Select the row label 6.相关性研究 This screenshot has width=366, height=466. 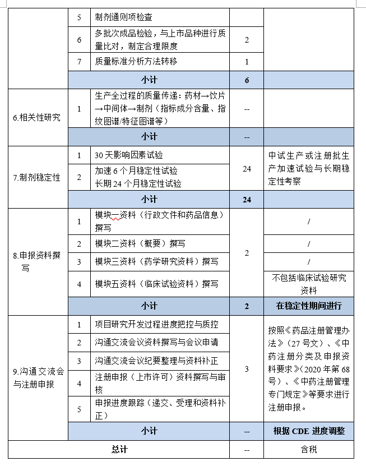click(37, 118)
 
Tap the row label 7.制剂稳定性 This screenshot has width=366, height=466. click(37, 177)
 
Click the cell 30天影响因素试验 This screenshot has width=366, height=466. click(129, 155)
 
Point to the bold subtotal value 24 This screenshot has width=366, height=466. click(247, 199)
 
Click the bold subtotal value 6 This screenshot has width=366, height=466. click(247, 80)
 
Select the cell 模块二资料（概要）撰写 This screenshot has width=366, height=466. click(140, 243)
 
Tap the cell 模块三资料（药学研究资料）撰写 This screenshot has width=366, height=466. click(156, 261)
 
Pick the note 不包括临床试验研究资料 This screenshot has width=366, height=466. click(309, 284)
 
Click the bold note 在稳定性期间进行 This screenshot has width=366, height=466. click(309, 306)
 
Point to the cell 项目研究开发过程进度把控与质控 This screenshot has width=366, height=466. click(156, 324)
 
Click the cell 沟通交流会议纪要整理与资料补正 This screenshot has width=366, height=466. click(156, 360)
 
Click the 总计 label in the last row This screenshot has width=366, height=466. click(119, 449)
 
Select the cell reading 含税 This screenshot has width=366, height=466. click(309, 449)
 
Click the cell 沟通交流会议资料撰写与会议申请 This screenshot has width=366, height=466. click(156, 342)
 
